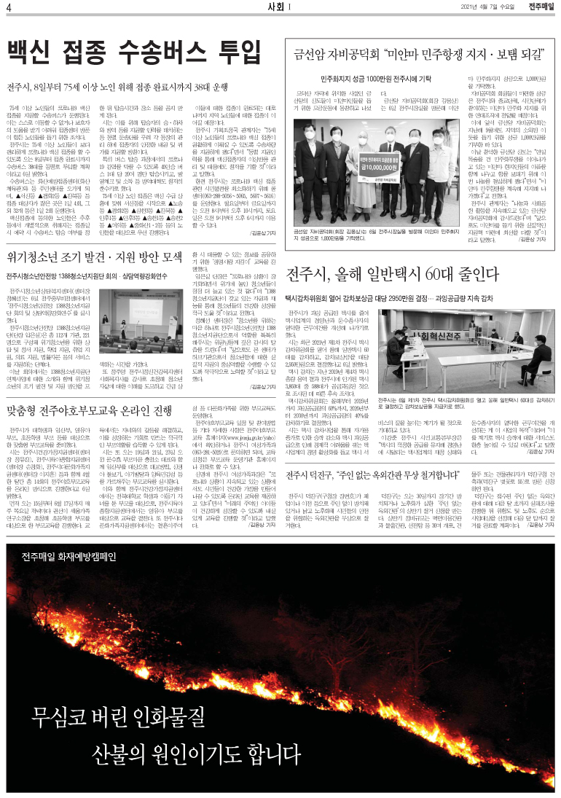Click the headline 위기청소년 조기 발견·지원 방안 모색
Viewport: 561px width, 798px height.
tap(94, 258)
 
